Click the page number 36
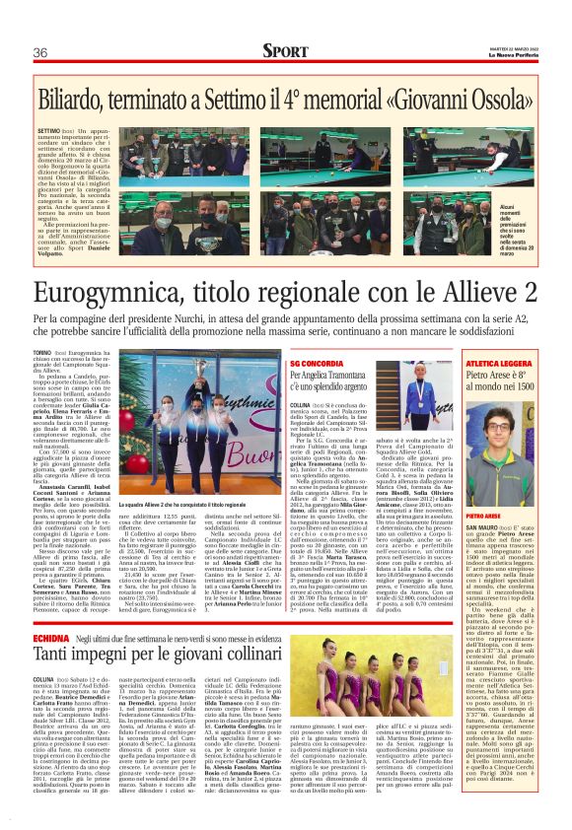40,52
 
